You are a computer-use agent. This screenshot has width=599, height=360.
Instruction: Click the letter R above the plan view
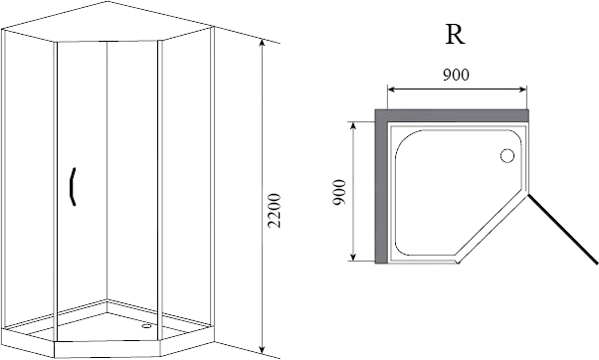click(x=455, y=36)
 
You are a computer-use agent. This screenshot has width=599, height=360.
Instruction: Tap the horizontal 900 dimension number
click(x=456, y=75)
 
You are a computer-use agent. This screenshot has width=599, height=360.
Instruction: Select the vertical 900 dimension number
click(x=339, y=192)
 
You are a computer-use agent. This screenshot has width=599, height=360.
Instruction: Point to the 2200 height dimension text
click(x=275, y=211)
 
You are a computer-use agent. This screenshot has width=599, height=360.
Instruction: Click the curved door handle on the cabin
click(x=73, y=187)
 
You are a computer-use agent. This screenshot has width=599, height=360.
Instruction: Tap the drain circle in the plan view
click(x=507, y=156)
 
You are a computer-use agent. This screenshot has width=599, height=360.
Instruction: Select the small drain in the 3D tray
click(x=146, y=326)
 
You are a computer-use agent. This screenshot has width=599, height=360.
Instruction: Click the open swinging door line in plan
click(x=563, y=229)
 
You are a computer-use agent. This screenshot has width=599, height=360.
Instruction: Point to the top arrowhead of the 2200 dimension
click(x=262, y=43)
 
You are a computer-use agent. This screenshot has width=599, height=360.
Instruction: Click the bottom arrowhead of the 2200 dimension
click(x=262, y=349)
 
